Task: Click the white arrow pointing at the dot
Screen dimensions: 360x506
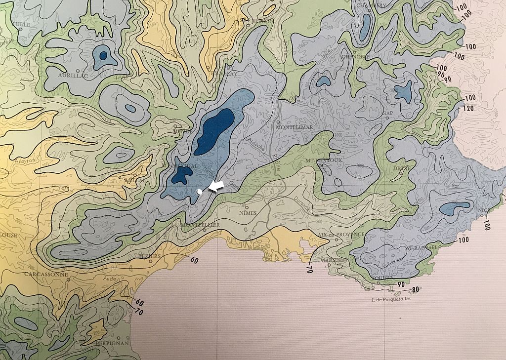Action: tap(215, 186)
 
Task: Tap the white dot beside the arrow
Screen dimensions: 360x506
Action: tap(199, 191)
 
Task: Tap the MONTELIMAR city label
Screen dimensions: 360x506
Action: tap(295, 127)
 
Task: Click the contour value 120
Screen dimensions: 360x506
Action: tap(470, 108)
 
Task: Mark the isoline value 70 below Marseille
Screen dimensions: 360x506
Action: tap(310, 270)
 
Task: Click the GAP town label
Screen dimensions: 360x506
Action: tap(387, 113)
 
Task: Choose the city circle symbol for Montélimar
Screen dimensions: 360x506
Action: tap(278, 122)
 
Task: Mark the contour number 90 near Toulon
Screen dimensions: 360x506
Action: tap(400, 285)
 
